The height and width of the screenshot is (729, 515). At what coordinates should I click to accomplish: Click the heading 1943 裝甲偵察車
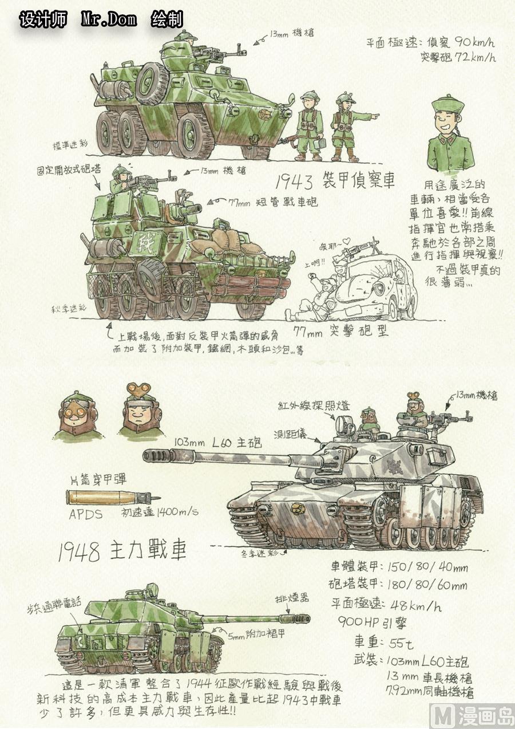[x=334, y=182]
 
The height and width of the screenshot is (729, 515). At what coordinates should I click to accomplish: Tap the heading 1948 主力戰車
[x=122, y=551]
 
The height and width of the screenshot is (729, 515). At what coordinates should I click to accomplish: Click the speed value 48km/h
[x=407, y=605]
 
